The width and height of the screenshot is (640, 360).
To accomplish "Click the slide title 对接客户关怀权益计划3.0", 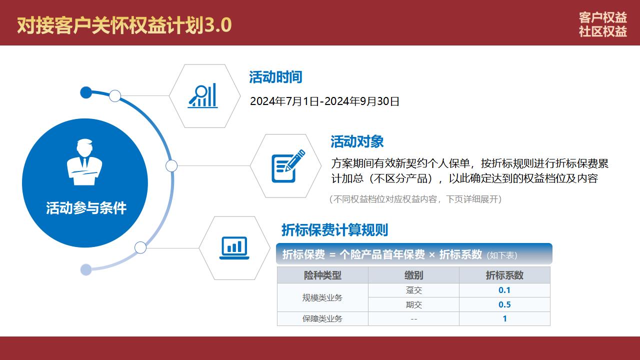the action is (124, 25).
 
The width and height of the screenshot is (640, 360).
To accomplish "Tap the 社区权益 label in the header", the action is (603, 31).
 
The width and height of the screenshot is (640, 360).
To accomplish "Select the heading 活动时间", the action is (275, 77).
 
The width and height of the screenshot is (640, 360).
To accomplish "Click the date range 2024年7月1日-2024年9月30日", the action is (324, 101).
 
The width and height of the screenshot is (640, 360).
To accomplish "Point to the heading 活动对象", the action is (357, 141).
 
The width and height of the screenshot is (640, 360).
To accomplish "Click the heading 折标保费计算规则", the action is (335, 230).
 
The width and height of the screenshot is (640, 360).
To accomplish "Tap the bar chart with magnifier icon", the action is (202, 95).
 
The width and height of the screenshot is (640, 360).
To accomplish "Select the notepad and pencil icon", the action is (288, 166).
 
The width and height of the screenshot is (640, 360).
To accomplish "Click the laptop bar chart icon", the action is (234, 248).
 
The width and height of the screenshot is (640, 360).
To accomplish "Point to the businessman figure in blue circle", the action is (84, 162).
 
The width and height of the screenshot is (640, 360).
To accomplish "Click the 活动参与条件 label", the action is (86, 207).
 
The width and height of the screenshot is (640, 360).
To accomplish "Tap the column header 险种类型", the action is (322, 275).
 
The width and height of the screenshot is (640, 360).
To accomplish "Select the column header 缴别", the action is (413, 275).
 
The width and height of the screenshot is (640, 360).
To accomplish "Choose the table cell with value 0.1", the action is (504, 290).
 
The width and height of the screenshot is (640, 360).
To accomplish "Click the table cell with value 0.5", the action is (504, 304).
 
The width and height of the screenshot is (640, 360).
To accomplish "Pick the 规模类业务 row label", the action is (322, 297).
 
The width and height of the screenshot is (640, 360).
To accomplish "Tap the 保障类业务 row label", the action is (322, 318).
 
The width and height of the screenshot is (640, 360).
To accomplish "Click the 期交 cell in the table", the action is (413, 305).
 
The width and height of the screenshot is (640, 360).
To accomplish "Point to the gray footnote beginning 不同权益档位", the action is (415, 199).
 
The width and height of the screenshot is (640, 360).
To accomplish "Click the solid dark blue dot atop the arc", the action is (86, 92).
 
